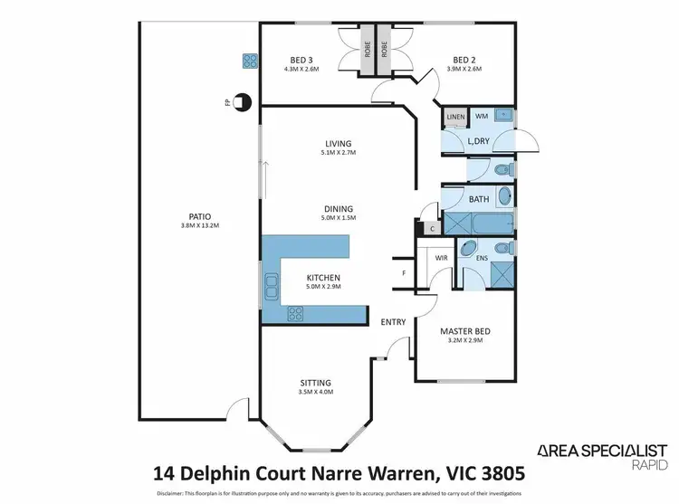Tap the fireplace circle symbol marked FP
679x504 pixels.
click(x=242, y=102)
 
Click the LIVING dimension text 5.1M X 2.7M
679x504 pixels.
click(x=339, y=153)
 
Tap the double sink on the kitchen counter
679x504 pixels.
click(x=271, y=289)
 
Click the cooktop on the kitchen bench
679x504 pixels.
click(x=296, y=314)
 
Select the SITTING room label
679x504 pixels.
click(x=317, y=383)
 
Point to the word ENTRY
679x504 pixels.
click(x=392, y=322)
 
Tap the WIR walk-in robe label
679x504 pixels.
click(x=442, y=258)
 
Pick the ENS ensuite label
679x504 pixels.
click(x=482, y=258)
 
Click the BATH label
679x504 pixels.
click(x=479, y=199)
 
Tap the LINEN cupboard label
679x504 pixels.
click(x=454, y=117)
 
